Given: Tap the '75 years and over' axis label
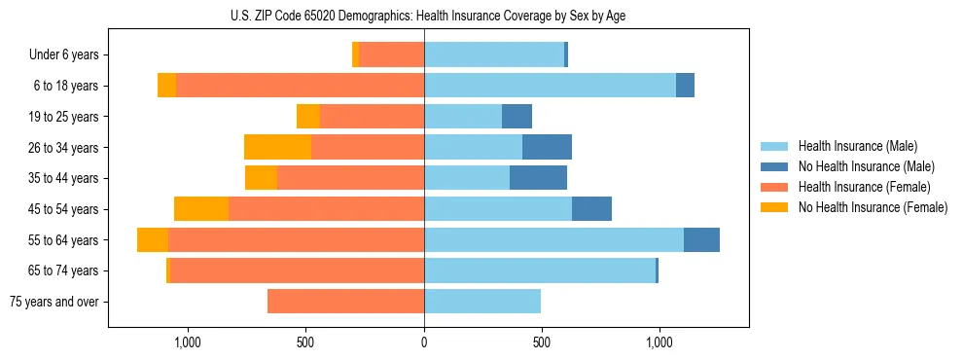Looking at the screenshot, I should pos(53,302).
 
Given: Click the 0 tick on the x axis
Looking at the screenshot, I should pos(424,342).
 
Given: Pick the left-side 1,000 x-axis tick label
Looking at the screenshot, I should pos(187,342).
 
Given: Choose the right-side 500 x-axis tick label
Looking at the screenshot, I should pos(542,342).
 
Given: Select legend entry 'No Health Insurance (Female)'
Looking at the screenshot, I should pos(873,207).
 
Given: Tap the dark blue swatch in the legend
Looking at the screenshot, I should pos(775,166).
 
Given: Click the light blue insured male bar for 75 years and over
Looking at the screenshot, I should pos(482,302).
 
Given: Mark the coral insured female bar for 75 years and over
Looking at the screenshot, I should pos(345,302).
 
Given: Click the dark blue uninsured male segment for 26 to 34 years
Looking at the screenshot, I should pos(547,147).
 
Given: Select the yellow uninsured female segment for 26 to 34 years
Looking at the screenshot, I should pos(277,147).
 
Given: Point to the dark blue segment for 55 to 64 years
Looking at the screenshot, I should pos(701,239).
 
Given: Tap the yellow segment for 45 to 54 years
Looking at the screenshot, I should pos(201,208).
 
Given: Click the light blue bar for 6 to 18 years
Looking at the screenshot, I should pos(550,86).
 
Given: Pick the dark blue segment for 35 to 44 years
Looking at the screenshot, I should pos(538,178).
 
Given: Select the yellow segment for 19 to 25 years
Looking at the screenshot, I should pos(308,116).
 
